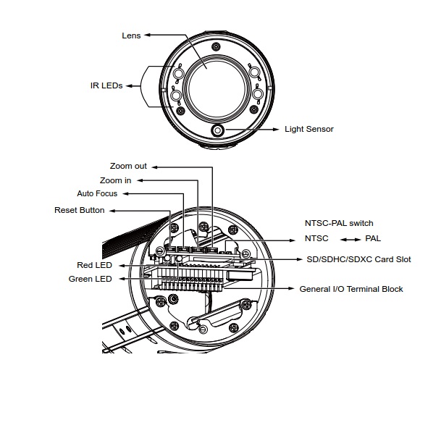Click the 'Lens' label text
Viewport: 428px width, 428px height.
131,35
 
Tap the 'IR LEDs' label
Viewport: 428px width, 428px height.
106,85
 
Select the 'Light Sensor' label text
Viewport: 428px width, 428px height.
309,129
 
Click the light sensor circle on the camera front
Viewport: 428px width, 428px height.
217,130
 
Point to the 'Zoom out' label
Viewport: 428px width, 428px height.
128,166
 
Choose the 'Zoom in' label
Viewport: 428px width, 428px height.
115,180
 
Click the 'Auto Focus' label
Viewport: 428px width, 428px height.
97,193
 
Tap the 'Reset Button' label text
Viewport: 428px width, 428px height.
80,210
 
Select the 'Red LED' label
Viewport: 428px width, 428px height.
94,265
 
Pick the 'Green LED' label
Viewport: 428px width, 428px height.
90,279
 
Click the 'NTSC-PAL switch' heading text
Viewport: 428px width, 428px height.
339,223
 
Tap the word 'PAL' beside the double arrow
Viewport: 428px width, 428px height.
373,238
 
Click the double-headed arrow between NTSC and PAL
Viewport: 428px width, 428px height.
351,240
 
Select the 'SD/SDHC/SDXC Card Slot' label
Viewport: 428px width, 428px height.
358,259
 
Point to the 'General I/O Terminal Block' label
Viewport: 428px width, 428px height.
351,289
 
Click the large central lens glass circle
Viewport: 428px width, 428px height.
217,89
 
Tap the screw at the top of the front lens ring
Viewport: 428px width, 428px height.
217,46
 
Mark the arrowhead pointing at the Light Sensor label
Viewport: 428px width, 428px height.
275,130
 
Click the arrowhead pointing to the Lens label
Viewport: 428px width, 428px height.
148,35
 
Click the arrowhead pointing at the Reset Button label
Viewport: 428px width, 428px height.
113,211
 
